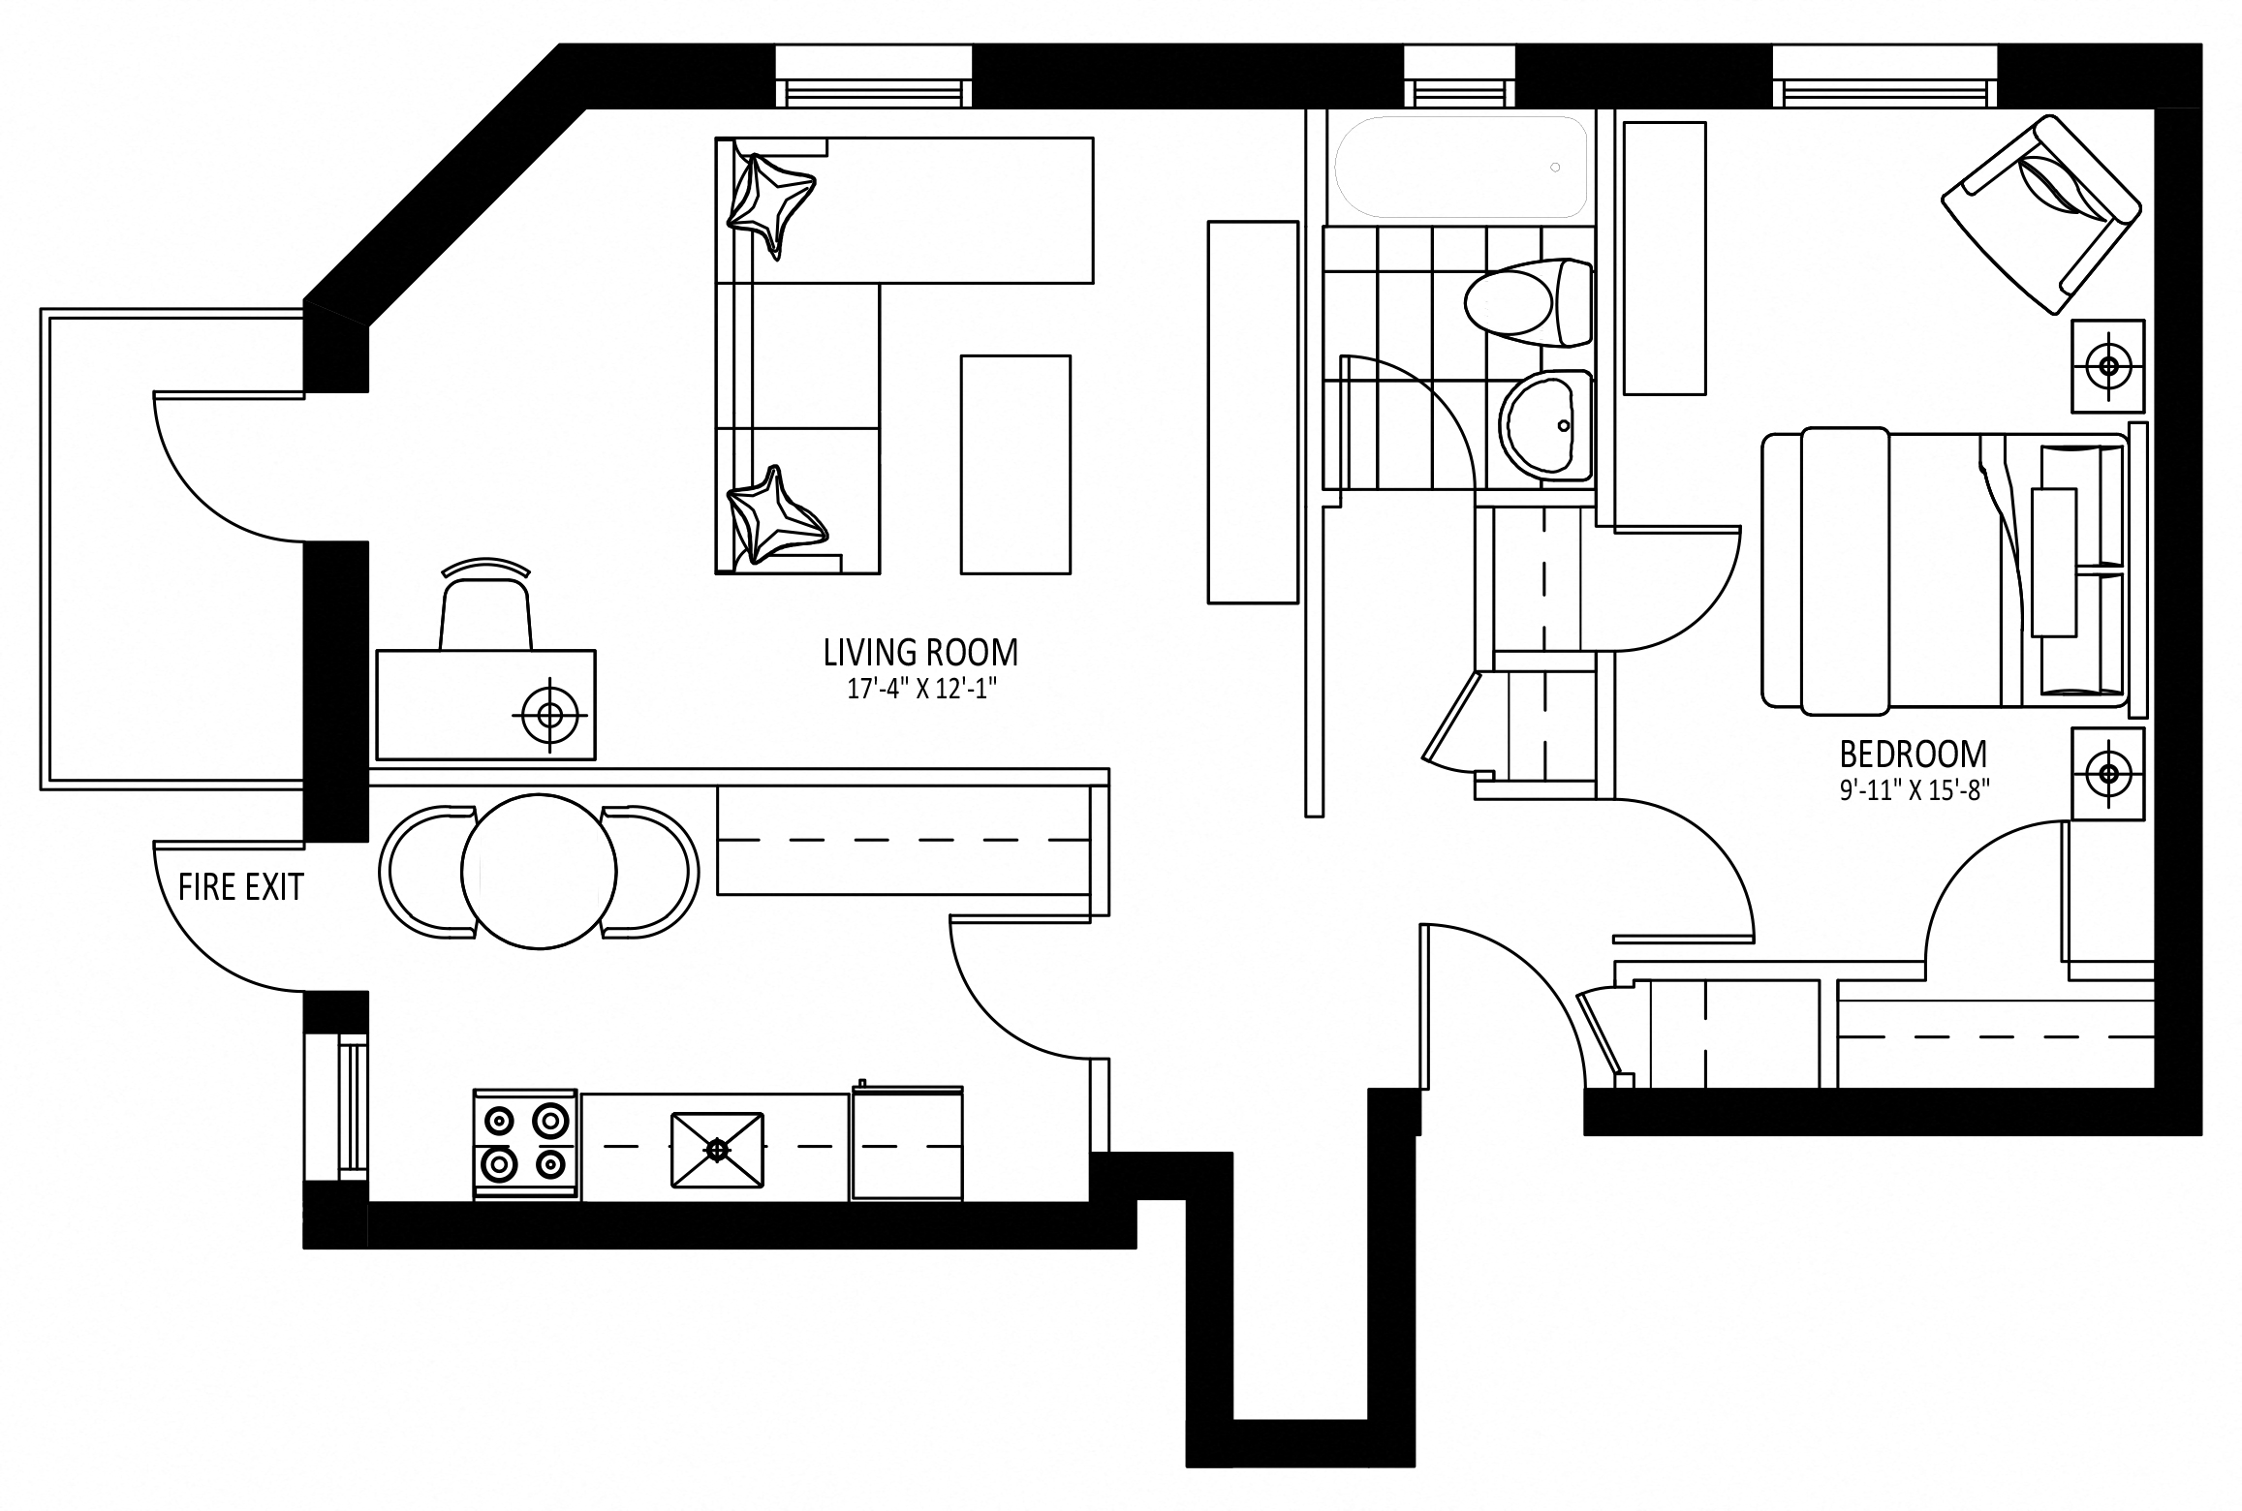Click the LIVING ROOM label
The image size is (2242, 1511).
click(920, 653)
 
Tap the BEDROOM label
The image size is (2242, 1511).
click(1914, 754)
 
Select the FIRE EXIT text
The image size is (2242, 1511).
click(241, 887)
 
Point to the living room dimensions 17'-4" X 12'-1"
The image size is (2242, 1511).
click(920, 691)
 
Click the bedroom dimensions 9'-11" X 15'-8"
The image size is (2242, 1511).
click(1913, 791)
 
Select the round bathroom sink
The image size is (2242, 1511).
click(1545, 425)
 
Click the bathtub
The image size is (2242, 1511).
click(1461, 167)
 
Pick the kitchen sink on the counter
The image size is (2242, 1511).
click(717, 1149)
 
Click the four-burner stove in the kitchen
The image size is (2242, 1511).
click(525, 1146)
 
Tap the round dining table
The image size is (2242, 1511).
click(539, 870)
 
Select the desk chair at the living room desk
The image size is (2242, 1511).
click(486, 604)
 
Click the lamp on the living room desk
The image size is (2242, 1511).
click(549, 715)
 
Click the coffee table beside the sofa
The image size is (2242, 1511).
click(1015, 464)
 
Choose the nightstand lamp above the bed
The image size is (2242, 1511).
click(2108, 366)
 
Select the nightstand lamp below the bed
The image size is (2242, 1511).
click(2108, 773)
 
